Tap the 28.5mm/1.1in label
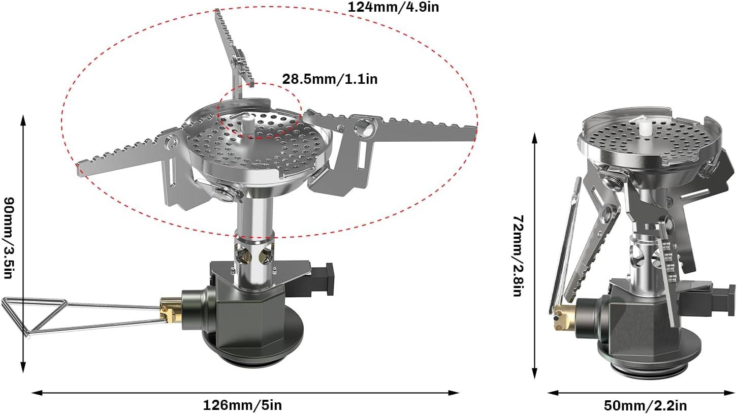[x=330, y=79]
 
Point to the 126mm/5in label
[x=242, y=405]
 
